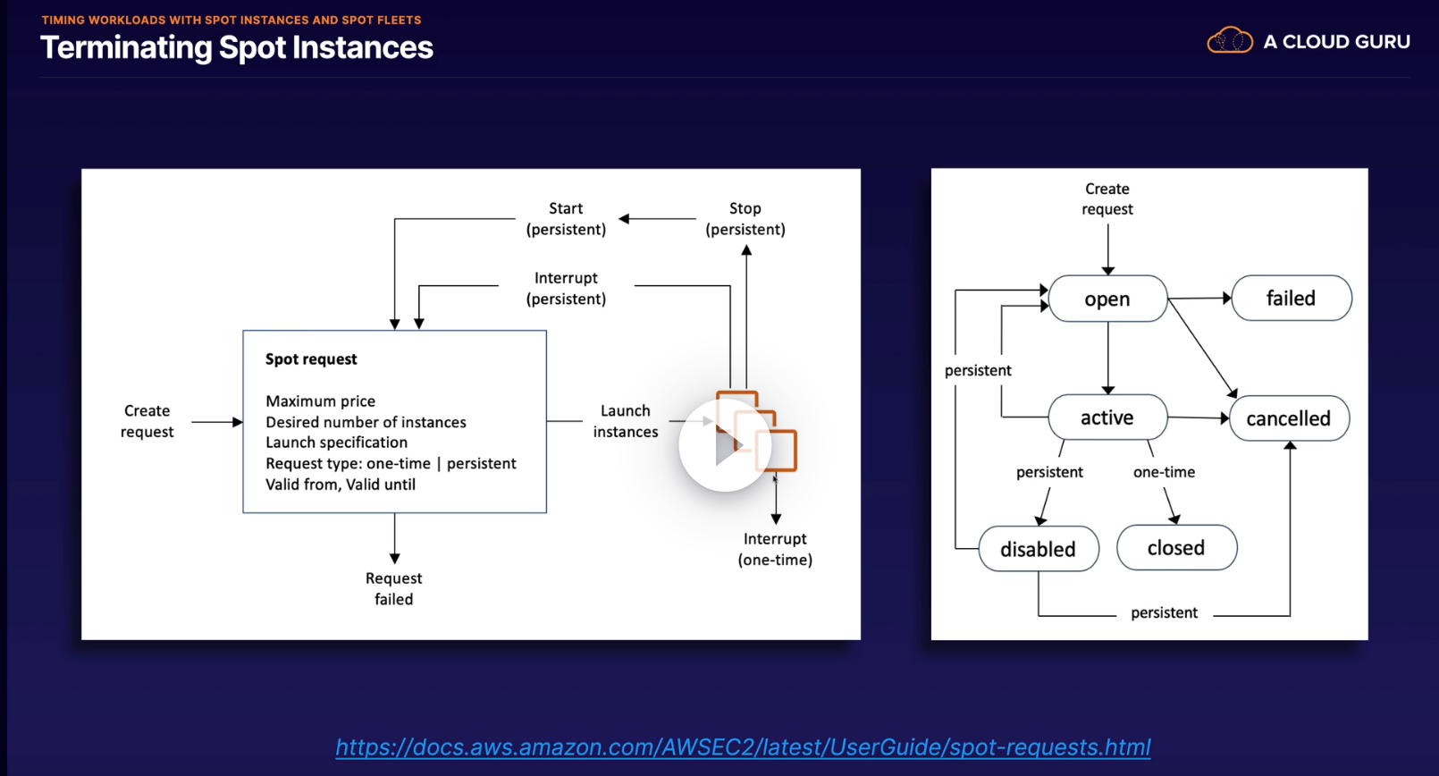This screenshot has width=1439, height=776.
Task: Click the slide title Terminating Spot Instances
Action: tap(237, 47)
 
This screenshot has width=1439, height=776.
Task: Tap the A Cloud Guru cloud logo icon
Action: tap(1230, 41)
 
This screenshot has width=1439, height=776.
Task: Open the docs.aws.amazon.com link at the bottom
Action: tap(743, 746)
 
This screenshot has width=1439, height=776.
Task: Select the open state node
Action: tap(1107, 299)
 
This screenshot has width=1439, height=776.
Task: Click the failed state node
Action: tap(1291, 299)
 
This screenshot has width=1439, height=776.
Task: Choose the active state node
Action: tap(1107, 418)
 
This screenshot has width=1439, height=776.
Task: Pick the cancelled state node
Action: tap(1289, 418)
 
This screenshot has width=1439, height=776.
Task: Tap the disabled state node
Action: tap(1038, 549)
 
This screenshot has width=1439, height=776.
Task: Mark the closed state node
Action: tap(1176, 548)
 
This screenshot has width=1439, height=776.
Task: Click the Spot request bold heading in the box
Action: tap(311, 359)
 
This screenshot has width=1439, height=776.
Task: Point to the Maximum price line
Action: tap(320, 401)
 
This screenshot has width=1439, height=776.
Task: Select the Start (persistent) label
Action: tap(566, 219)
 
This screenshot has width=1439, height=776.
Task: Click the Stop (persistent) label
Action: tap(745, 219)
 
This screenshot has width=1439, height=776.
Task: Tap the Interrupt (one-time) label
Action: tap(775, 549)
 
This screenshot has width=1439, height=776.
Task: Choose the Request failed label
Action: tap(393, 588)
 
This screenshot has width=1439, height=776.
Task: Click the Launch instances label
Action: tap(626, 421)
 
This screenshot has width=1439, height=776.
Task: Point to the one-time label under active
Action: tap(1164, 472)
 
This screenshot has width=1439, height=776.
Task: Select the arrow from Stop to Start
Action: tap(658, 219)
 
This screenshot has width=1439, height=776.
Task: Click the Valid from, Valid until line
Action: tap(341, 485)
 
